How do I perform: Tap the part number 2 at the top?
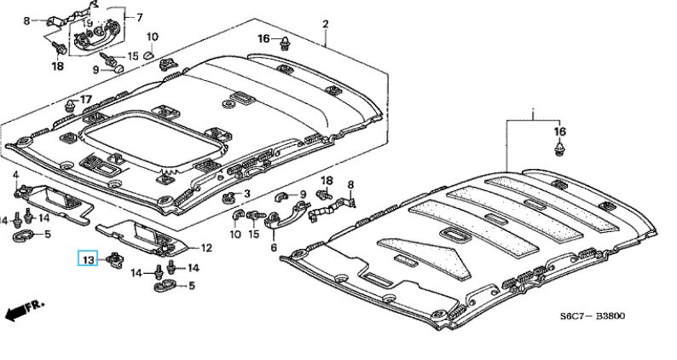[x=325, y=25]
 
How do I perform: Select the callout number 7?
[x=140, y=17]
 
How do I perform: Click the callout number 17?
[x=85, y=100]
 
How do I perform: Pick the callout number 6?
[x=274, y=248]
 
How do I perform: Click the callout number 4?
[x=15, y=175]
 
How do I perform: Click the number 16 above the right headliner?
[x=559, y=131]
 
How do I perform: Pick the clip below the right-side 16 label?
[x=559, y=151]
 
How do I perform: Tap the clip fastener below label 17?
[x=68, y=110]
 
